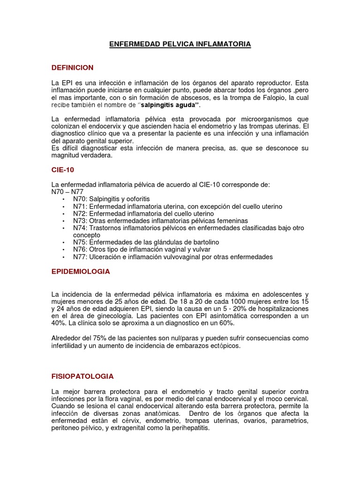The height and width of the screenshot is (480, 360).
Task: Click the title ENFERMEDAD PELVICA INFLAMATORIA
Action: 180,44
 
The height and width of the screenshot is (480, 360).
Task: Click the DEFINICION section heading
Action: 73,67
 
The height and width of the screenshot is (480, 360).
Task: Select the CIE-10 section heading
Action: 63,170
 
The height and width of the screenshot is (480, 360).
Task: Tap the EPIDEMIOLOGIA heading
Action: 81,271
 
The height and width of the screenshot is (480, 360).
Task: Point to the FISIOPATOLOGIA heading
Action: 82,376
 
